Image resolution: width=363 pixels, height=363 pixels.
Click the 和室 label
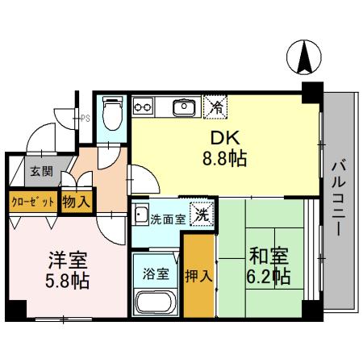pyautogui.click(x=269, y=256)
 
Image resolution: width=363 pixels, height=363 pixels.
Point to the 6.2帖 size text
pyautogui.click(x=269, y=277)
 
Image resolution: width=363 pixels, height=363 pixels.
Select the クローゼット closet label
pyautogui.click(x=32, y=199)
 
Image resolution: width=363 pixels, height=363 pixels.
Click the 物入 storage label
pyautogui.click(x=76, y=200)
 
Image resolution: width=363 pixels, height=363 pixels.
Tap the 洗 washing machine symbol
pyautogui.click(x=205, y=215)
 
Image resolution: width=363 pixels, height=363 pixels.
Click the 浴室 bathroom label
pyautogui.click(x=156, y=273)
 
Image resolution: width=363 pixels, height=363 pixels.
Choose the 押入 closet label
pyautogui.click(x=199, y=275)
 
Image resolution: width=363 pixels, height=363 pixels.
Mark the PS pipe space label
pyautogui.click(x=86, y=119)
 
